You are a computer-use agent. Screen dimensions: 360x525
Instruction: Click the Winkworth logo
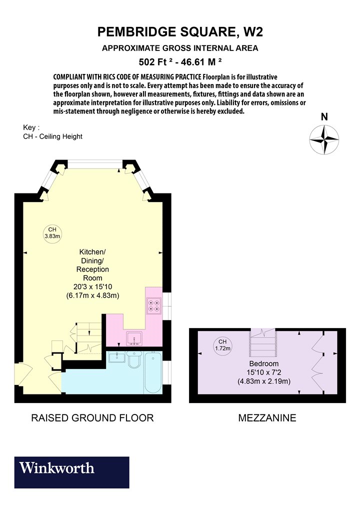71,472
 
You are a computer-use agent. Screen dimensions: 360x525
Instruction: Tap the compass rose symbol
324,139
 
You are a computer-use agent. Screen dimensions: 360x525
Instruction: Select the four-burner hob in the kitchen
154,305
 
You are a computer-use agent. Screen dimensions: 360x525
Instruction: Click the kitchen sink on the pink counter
134,338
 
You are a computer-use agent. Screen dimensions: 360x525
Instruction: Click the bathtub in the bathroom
153,372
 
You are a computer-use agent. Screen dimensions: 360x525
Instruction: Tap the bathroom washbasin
117,357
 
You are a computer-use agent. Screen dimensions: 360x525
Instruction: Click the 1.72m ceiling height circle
222,345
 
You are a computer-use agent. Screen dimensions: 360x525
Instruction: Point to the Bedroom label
264,363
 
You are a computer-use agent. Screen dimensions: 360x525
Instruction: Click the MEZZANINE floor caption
267,418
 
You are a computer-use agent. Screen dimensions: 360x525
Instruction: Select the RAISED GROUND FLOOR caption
92,418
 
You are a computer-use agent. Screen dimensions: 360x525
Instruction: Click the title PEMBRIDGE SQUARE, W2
180,32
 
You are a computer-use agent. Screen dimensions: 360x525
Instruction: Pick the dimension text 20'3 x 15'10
93,286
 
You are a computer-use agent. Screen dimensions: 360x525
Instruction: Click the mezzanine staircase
263,342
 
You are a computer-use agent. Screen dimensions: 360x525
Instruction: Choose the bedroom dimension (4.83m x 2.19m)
264,381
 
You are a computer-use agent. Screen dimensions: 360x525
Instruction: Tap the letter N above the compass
324,117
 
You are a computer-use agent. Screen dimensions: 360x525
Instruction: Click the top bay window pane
95,164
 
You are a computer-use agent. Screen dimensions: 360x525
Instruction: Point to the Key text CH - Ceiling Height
52,136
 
